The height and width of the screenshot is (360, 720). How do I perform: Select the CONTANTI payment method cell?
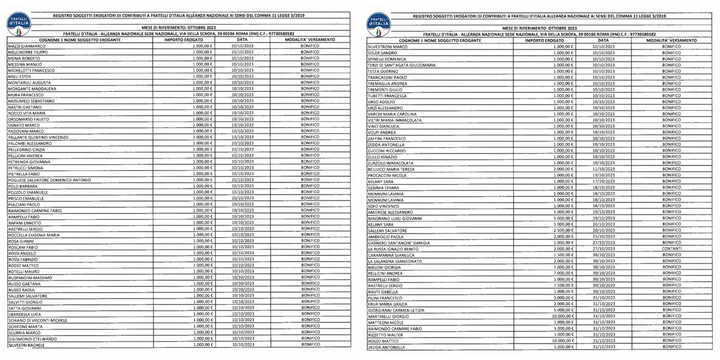click(672, 249)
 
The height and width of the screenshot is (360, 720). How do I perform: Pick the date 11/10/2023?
click(603, 169)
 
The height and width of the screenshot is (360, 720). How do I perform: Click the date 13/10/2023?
click(603, 175)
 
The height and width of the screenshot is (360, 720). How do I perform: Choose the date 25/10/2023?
click(603, 237)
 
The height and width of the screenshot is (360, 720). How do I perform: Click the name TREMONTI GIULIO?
click(385, 90)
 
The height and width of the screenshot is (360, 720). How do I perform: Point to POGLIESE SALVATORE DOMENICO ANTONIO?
click(49, 180)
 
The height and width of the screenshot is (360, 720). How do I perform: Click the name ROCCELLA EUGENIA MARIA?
click(34, 235)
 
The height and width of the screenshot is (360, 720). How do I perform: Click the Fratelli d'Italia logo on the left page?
click(17, 25)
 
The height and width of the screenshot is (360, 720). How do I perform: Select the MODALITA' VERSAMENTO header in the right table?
click(672, 40)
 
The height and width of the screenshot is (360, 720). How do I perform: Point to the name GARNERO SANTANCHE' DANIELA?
click(398, 243)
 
